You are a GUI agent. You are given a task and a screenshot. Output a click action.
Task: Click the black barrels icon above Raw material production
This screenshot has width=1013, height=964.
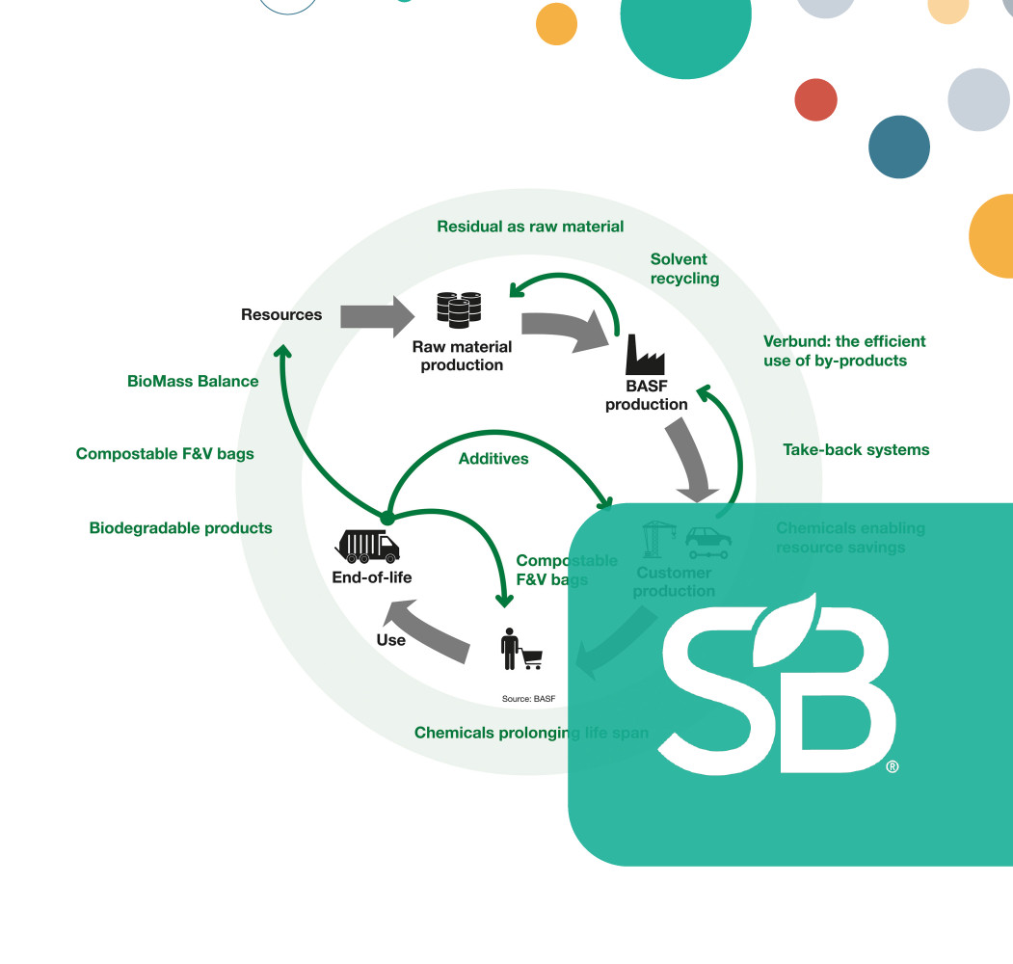pos(459,308)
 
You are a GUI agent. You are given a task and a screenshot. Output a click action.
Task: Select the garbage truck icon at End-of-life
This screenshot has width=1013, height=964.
pos(366,546)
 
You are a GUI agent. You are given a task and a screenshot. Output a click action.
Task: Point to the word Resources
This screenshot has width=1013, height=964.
pos(281,314)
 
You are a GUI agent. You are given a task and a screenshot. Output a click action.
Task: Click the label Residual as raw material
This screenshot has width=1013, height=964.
pos(530,227)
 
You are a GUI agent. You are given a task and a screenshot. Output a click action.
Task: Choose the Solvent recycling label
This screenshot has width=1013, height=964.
pos(684,269)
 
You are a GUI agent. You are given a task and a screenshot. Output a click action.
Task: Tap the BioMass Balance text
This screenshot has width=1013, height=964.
pos(193,381)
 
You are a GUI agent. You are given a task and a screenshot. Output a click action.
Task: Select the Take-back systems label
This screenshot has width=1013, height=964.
pos(856,449)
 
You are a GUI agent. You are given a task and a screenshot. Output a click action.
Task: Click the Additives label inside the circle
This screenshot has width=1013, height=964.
pos(493,459)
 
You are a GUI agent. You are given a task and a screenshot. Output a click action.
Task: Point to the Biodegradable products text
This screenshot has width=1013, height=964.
pos(180,528)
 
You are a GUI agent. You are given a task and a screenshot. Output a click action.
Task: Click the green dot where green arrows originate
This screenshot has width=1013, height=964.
pos(387,518)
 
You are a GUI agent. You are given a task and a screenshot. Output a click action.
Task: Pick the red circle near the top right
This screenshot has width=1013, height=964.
pos(815,100)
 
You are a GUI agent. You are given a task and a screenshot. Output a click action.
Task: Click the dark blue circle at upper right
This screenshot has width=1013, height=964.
pos(898,147)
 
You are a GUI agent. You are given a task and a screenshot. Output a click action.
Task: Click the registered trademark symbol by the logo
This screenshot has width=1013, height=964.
pos(893,767)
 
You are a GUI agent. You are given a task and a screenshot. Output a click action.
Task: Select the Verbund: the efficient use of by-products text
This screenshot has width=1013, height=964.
pos(844,351)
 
